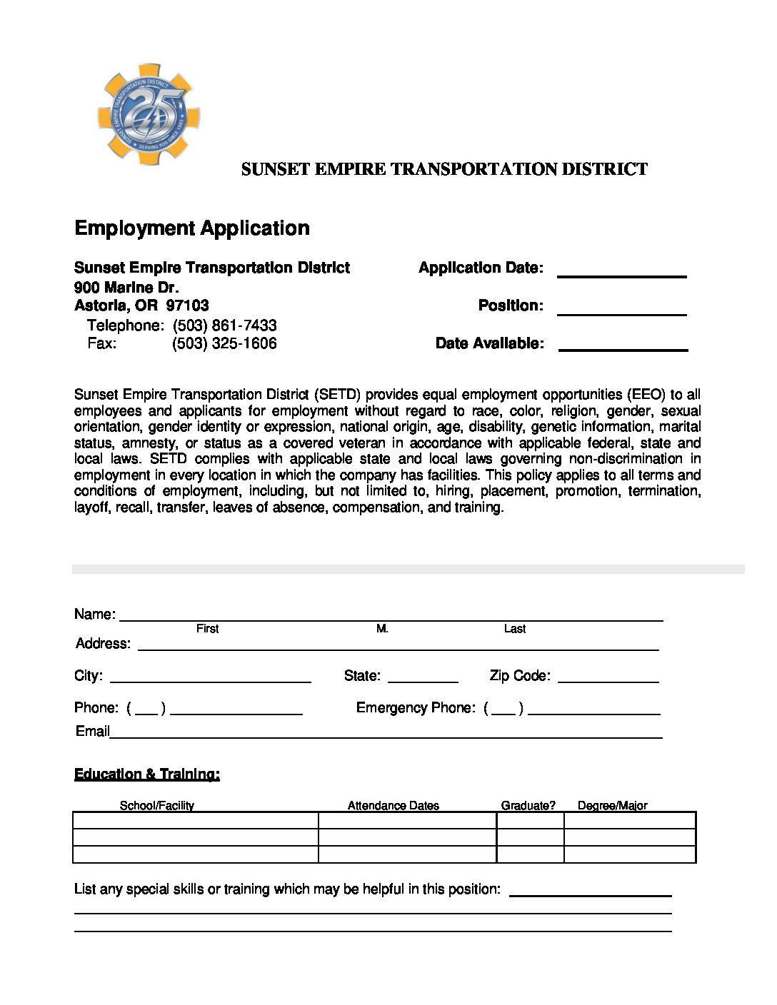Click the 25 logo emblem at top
click(x=149, y=115)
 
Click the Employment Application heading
click(x=192, y=228)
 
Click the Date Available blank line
click(x=623, y=348)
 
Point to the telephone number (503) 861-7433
click(x=224, y=325)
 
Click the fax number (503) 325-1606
click(x=224, y=343)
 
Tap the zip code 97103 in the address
click(x=187, y=305)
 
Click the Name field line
click(x=391, y=618)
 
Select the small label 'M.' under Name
click(x=382, y=629)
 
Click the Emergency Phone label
click(x=415, y=707)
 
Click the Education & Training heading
click(x=147, y=774)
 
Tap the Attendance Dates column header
click(x=393, y=806)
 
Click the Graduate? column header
click(x=528, y=806)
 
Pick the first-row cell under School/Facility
click(x=195, y=820)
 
